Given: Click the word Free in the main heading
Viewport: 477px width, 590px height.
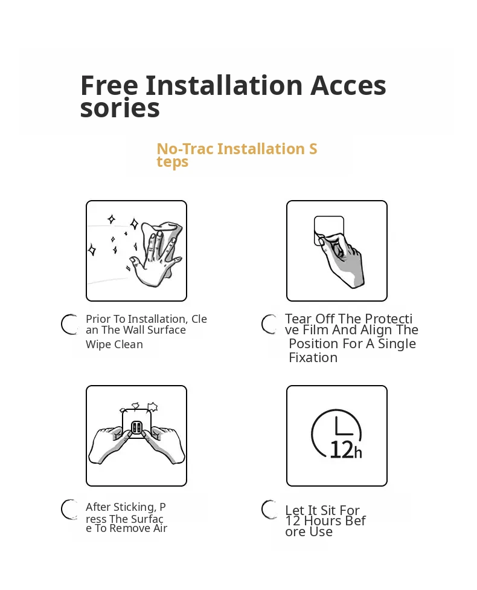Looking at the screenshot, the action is [109, 85].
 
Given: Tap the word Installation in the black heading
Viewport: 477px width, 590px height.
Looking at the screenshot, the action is [224, 85].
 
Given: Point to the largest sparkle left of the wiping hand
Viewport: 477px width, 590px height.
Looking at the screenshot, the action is [134, 224].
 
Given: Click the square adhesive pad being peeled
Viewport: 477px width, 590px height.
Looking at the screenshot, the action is [329, 230].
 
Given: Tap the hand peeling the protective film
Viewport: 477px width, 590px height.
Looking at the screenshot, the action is [340, 259].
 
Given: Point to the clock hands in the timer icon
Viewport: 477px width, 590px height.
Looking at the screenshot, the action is [343, 426].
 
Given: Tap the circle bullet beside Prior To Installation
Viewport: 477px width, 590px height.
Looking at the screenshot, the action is [69, 325].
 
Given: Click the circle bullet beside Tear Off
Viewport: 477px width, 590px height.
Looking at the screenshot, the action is [269, 325].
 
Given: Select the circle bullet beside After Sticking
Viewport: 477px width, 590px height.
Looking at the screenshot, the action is [69, 510].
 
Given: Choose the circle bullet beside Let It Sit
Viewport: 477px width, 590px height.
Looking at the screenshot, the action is [269, 510].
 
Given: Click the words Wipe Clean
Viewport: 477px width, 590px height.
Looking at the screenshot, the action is [114, 345].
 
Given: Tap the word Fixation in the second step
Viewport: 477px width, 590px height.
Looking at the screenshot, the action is [313, 357].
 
